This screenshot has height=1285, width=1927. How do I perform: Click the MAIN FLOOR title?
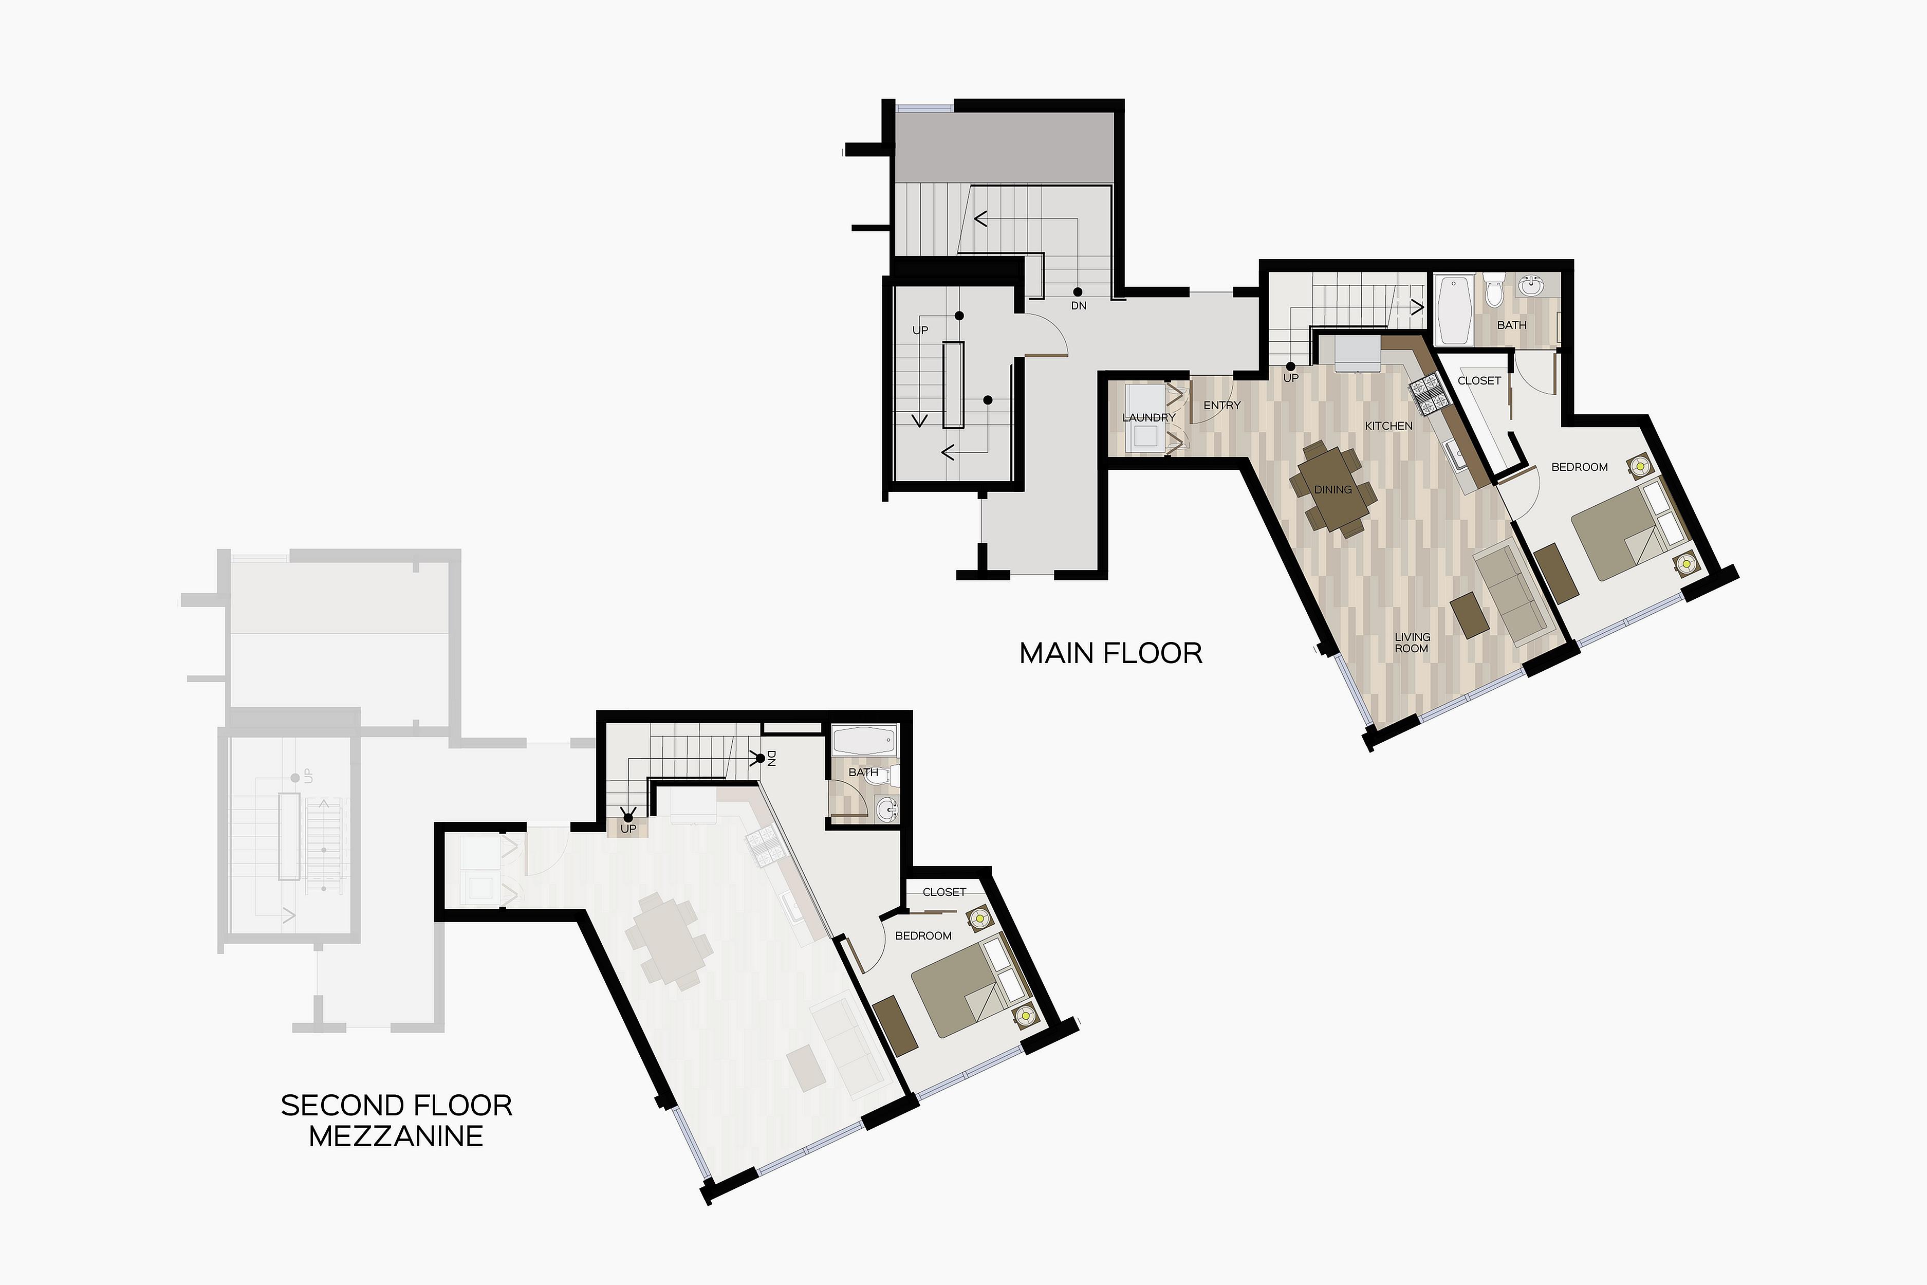[1111, 653]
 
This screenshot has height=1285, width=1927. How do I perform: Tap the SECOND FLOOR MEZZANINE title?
[397, 1121]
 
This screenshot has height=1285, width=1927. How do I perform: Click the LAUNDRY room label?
[1148, 417]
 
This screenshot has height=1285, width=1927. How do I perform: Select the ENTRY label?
[1221, 405]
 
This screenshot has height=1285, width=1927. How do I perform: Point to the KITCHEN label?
[1388, 425]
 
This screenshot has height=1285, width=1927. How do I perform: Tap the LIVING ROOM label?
[1413, 642]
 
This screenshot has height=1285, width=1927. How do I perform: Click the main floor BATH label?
[1512, 324]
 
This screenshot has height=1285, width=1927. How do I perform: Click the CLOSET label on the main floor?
[1479, 380]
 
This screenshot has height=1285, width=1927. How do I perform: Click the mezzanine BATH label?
[863, 772]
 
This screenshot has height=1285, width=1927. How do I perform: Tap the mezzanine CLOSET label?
[944, 892]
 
